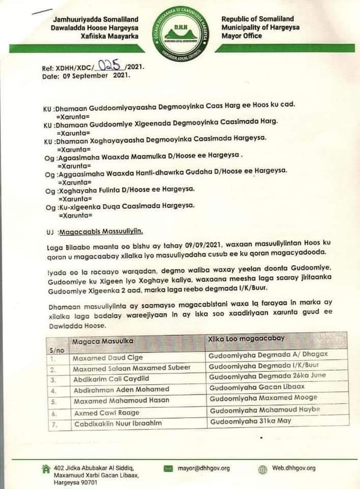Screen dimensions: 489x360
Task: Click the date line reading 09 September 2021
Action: click(x=86, y=75)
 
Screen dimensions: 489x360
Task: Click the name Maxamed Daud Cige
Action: click(x=101, y=358)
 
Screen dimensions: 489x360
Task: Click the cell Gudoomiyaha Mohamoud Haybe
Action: click(x=264, y=410)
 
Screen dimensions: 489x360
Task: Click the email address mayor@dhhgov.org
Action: click(x=204, y=468)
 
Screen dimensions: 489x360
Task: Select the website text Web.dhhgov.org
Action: click(x=294, y=468)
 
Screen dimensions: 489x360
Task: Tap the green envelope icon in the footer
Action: click(x=169, y=468)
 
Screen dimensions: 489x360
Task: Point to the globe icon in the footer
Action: click(x=263, y=469)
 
